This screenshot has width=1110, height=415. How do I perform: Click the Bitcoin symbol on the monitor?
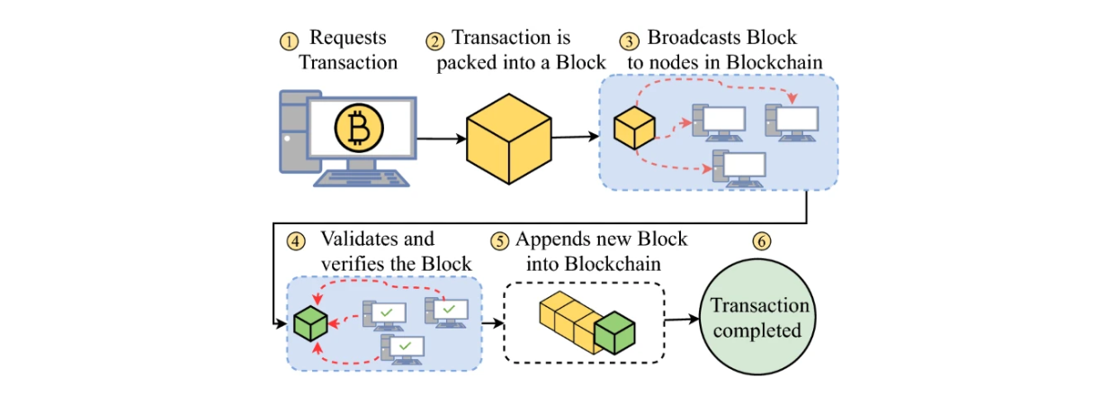point(358,130)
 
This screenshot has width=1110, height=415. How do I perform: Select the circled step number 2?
point(434,41)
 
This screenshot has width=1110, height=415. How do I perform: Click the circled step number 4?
point(294,242)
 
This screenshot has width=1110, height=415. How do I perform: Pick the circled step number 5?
point(498,242)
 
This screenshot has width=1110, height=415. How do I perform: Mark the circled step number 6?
point(763,242)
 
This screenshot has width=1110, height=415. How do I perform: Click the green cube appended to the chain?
point(614,332)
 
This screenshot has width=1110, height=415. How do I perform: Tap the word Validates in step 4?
point(377,239)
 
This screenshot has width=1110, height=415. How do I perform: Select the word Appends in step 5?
point(550,239)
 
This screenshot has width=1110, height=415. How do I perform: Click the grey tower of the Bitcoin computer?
point(292,135)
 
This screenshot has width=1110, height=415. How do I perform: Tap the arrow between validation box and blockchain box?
point(492,320)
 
